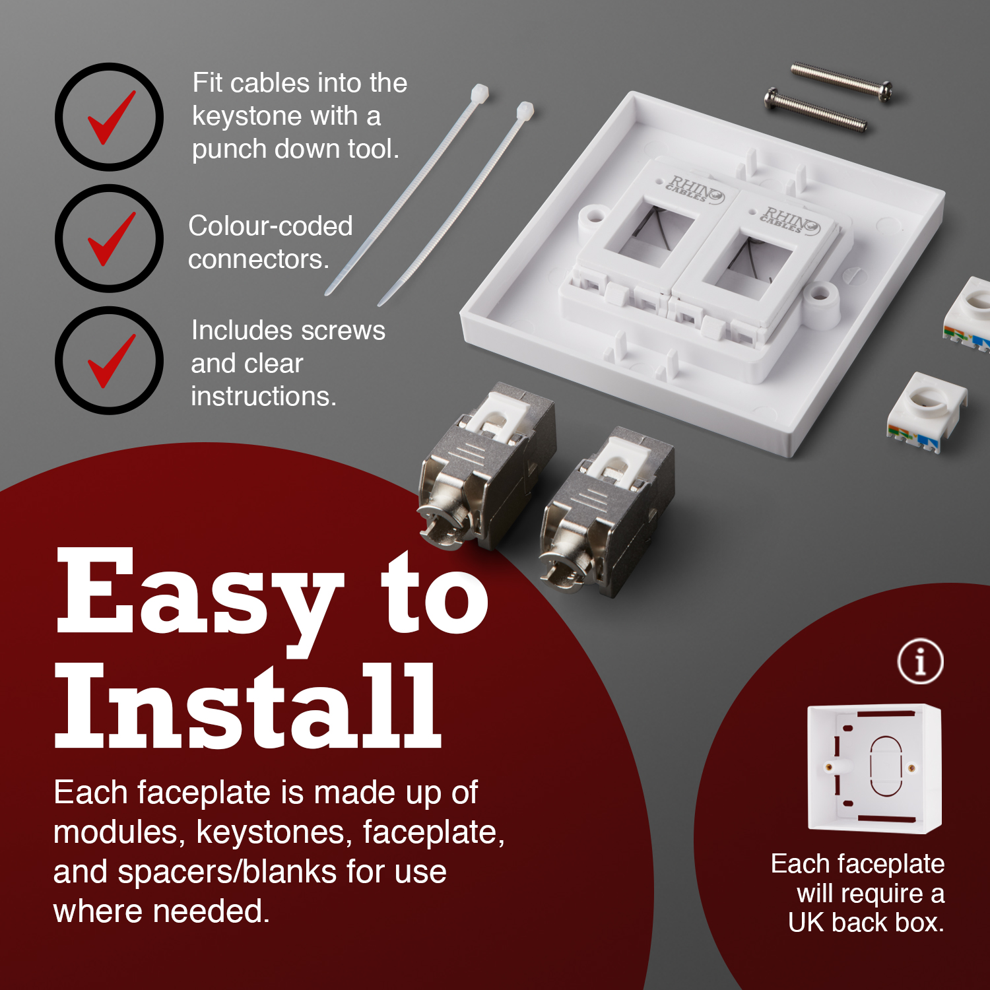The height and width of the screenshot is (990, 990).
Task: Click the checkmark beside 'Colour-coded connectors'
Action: tap(110, 239)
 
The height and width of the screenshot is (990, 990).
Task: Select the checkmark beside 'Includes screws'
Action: tap(110, 361)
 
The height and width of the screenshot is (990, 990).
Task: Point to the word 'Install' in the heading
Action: tap(247, 708)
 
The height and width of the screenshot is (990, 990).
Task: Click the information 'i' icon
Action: tap(920, 661)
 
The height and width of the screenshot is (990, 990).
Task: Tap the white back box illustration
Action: tap(874, 769)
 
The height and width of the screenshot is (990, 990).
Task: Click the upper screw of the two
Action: tap(841, 82)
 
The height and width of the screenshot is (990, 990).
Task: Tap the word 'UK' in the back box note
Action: tap(806, 922)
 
